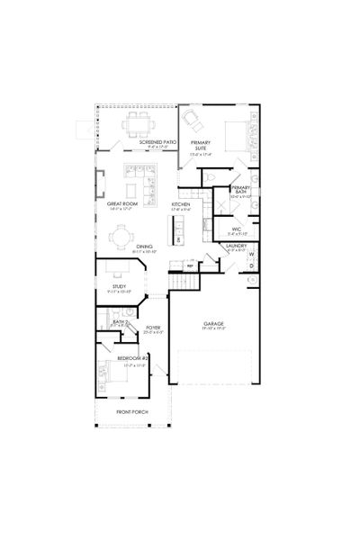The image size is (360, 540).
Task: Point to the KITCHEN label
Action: click(x=181, y=204)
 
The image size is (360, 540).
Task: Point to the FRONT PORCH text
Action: click(x=131, y=412)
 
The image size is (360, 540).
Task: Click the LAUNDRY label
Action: click(x=237, y=245)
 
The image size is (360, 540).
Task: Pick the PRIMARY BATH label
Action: click(x=239, y=189)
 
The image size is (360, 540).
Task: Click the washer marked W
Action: click(x=251, y=255)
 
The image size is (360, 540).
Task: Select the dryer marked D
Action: click(x=251, y=267)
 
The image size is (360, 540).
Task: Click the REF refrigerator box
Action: click(x=191, y=265)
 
